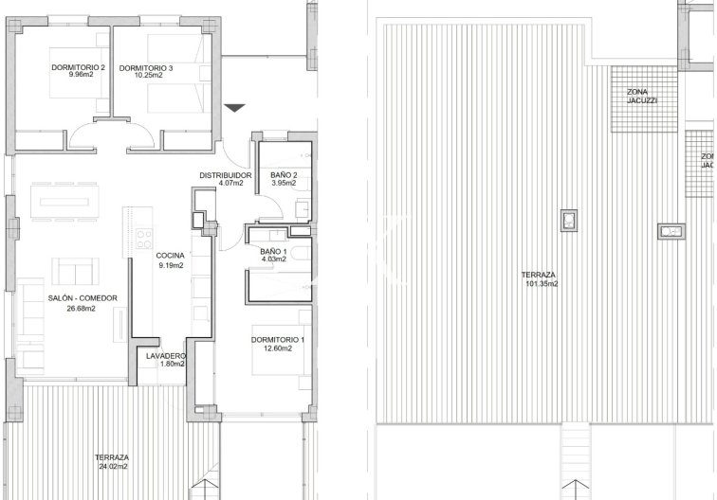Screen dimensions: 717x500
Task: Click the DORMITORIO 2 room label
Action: [78, 67]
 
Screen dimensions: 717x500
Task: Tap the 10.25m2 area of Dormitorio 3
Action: [148, 76]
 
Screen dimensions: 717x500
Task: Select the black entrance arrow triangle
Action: [235, 108]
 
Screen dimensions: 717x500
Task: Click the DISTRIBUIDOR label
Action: [226, 175]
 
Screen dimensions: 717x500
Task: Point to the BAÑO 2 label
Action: [284, 175]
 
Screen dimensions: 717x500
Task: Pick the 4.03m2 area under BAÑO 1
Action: [274, 259]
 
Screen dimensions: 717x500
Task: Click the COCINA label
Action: [170, 256]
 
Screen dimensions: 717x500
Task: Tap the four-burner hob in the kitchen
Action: [144, 239]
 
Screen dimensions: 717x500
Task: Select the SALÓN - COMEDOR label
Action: [83, 298]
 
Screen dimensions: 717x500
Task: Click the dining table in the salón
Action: [64, 202]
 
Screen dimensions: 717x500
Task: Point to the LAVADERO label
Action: [166, 356]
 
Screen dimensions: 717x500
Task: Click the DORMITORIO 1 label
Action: [278, 340]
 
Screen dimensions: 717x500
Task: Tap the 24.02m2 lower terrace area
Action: [113, 466]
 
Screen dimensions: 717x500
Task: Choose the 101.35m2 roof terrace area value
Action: [542, 283]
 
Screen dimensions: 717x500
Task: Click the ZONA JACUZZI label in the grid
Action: [641, 97]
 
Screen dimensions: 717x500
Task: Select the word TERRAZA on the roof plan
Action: [539, 275]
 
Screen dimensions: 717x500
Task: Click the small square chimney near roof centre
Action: [569, 221]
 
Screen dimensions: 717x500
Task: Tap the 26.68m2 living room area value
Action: [81, 308]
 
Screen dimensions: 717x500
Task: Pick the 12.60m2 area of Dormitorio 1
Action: [278, 348]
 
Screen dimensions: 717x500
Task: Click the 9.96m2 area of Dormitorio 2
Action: [81, 75]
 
